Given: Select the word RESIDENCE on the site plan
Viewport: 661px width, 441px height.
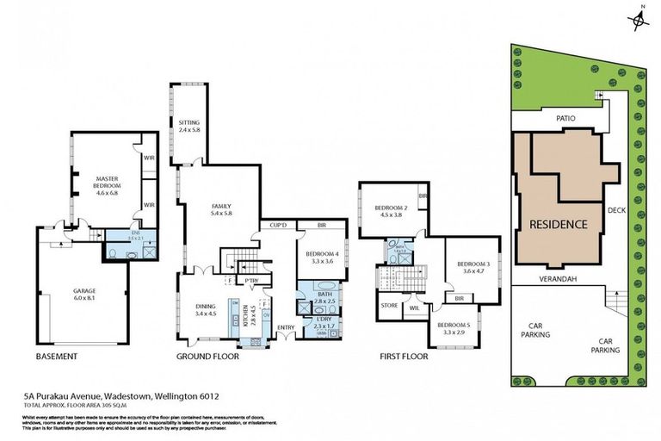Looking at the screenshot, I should point(557,224).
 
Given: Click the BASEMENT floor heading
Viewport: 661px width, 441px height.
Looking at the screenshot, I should point(57,356).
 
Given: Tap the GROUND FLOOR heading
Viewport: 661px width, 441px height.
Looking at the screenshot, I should point(207,356).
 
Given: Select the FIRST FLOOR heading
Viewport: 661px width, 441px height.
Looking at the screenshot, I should point(404,356).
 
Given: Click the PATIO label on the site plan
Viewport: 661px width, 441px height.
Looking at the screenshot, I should point(564,118).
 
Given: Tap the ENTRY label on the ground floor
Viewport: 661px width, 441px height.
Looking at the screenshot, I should point(286,326).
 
